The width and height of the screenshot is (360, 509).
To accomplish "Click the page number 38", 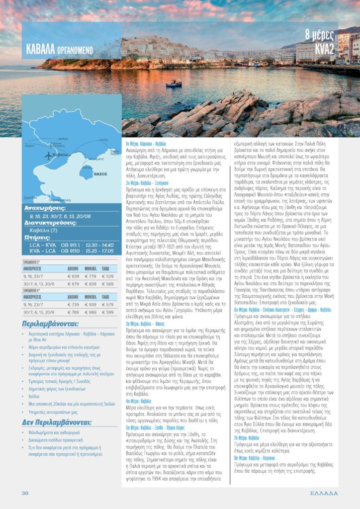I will click(x=25, y=493).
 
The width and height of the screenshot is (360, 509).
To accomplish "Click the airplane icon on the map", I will click(x=48, y=155).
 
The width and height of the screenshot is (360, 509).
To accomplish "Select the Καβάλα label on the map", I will click(x=61, y=155).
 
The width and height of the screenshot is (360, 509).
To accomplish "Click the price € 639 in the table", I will click(x=73, y=276).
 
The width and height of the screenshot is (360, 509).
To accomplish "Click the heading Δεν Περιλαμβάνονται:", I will click(x=56, y=423).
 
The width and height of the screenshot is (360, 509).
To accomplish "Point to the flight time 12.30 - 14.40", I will click(x=100, y=245).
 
